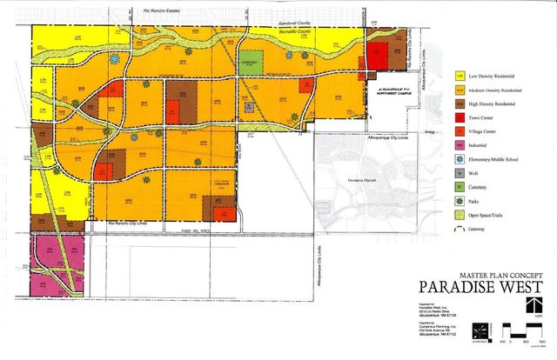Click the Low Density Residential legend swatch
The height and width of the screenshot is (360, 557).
click(x=460, y=75)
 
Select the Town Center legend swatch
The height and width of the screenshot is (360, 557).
click(x=460, y=117)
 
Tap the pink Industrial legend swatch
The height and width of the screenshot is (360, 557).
click(x=460, y=144)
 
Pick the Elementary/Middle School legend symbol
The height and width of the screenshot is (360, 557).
click(x=460, y=158)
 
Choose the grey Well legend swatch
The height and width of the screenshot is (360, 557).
click(x=460, y=172)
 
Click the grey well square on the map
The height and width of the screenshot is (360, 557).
click(x=249, y=107)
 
